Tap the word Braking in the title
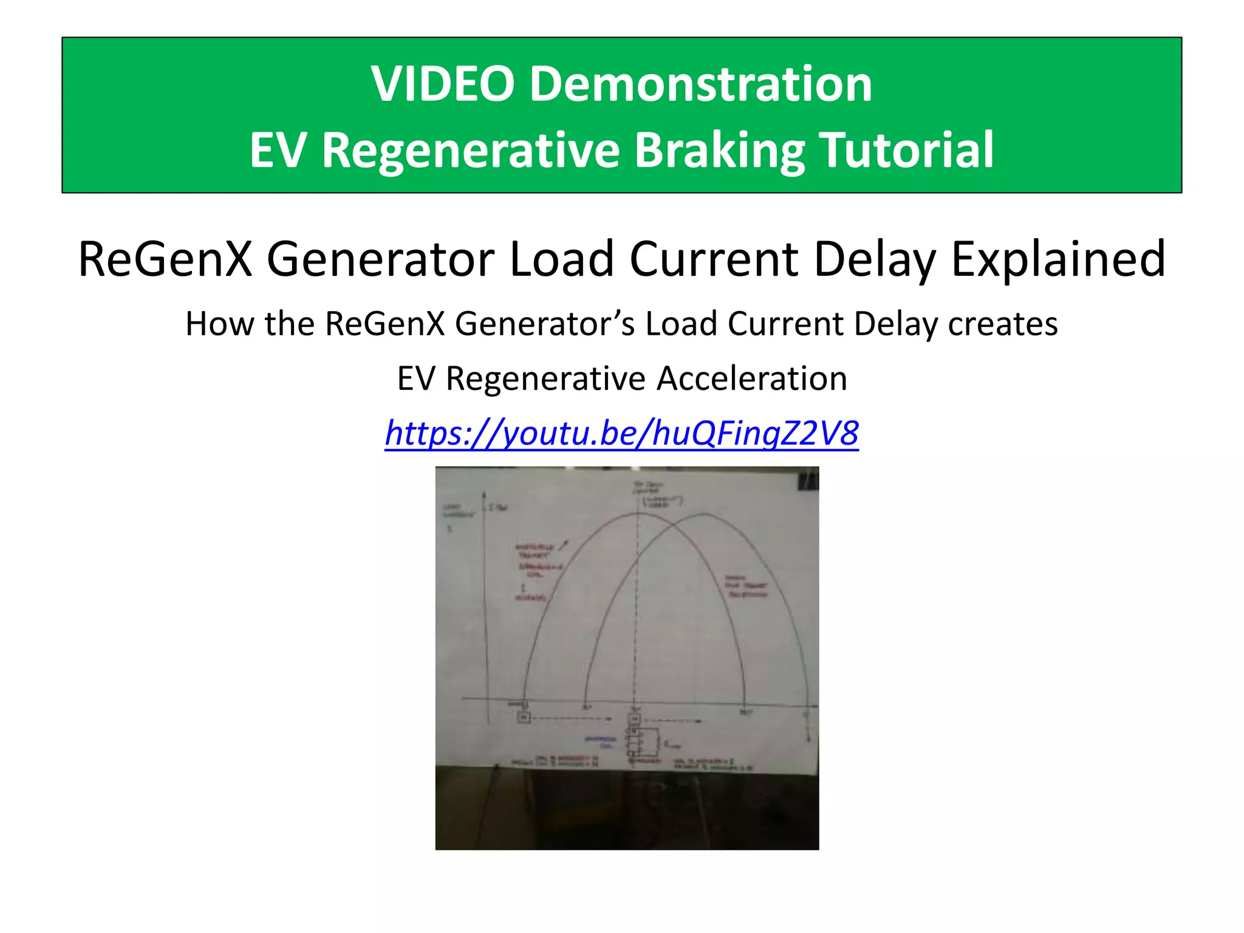coord(720,150)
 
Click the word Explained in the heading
coord(1058,259)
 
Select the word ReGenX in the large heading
coord(165,259)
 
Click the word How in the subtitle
coord(219,324)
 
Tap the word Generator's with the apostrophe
coord(544,324)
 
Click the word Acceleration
coord(752,378)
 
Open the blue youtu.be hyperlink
coord(621,433)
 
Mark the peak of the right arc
coord(705,515)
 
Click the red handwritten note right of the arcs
coord(747,586)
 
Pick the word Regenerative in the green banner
coord(471,150)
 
